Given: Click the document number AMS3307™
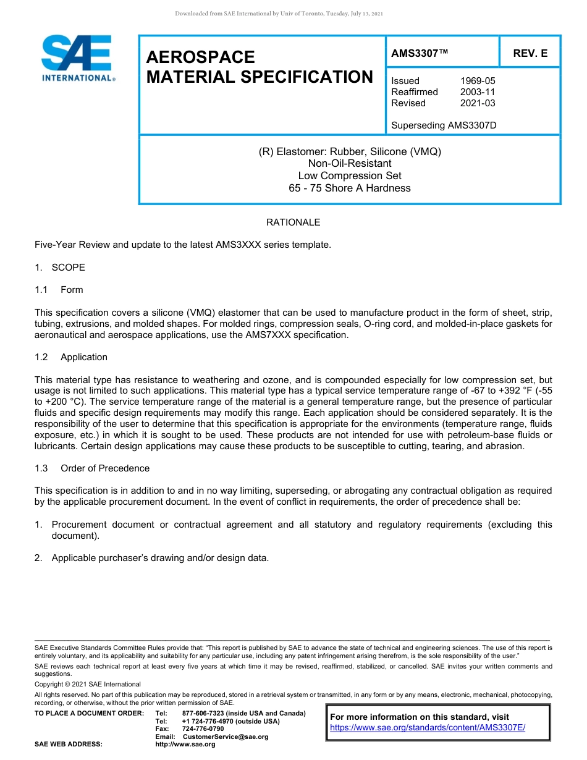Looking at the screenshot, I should click(420, 54).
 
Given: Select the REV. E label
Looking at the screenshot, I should click(530, 54).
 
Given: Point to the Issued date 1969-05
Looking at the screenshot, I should click(477, 81).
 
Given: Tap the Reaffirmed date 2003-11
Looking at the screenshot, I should click(477, 92).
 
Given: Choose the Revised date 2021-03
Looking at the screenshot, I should click(477, 103).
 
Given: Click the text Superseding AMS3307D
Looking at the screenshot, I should click(444, 125).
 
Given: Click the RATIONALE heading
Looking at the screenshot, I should click(293, 222).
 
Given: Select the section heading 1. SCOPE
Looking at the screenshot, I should click(60, 268).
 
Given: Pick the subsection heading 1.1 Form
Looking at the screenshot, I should click(59, 290).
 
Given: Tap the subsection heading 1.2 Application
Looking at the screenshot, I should click(71, 357).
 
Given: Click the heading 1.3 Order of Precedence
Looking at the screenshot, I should click(92, 468).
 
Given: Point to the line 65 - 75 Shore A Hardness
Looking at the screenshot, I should click(350, 188).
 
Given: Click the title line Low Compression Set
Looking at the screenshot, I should click(350, 176).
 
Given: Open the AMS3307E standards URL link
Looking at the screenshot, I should click(428, 728).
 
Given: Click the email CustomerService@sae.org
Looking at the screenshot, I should click(226, 737).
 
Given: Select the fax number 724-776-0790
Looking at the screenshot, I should click(203, 729).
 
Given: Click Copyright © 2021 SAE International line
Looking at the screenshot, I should click(88, 684).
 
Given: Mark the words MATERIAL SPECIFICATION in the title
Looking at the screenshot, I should click(260, 77).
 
